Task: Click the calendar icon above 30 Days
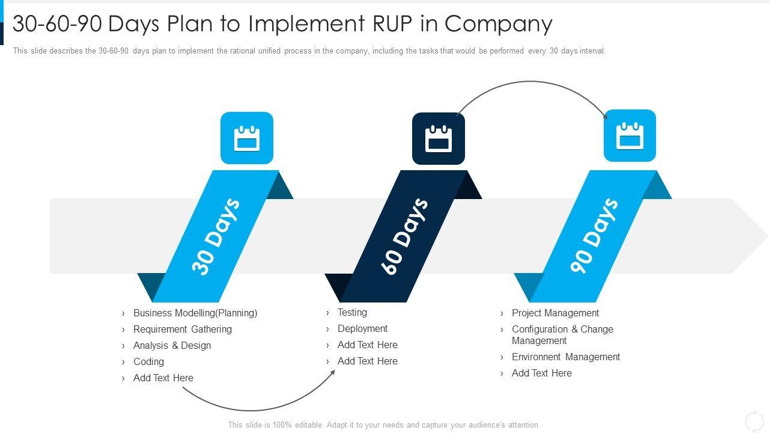pyautogui.click(x=246, y=138)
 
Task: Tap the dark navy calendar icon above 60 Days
pyautogui.click(x=438, y=138)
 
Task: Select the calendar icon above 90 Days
pyautogui.click(x=630, y=136)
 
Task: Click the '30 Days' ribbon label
pyautogui.click(x=216, y=236)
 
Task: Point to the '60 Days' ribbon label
pyautogui.click(x=405, y=236)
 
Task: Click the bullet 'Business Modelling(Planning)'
pyautogui.click(x=195, y=313)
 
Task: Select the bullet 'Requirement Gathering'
pyautogui.click(x=182, y=329)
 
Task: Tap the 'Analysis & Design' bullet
pyautogui.click(x=172, y=345)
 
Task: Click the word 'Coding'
pyautogui.click(x=148, y=361)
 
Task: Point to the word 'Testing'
pyautogui.click(x=352, y=312)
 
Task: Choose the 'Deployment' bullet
pyautogui.click(x=362, y=328)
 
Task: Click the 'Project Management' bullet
pyautogui.click(x=555, y=313)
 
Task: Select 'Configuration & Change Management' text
pyautogui.click(x=562, y=335)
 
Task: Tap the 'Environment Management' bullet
pyautogui.click(x=565, y=357)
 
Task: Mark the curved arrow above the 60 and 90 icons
pyautogui.click(x=531, y=82)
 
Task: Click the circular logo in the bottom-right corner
pyautogui.click(x=754, y=421)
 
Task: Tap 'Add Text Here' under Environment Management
pyautogui.click(x=541, y=373)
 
